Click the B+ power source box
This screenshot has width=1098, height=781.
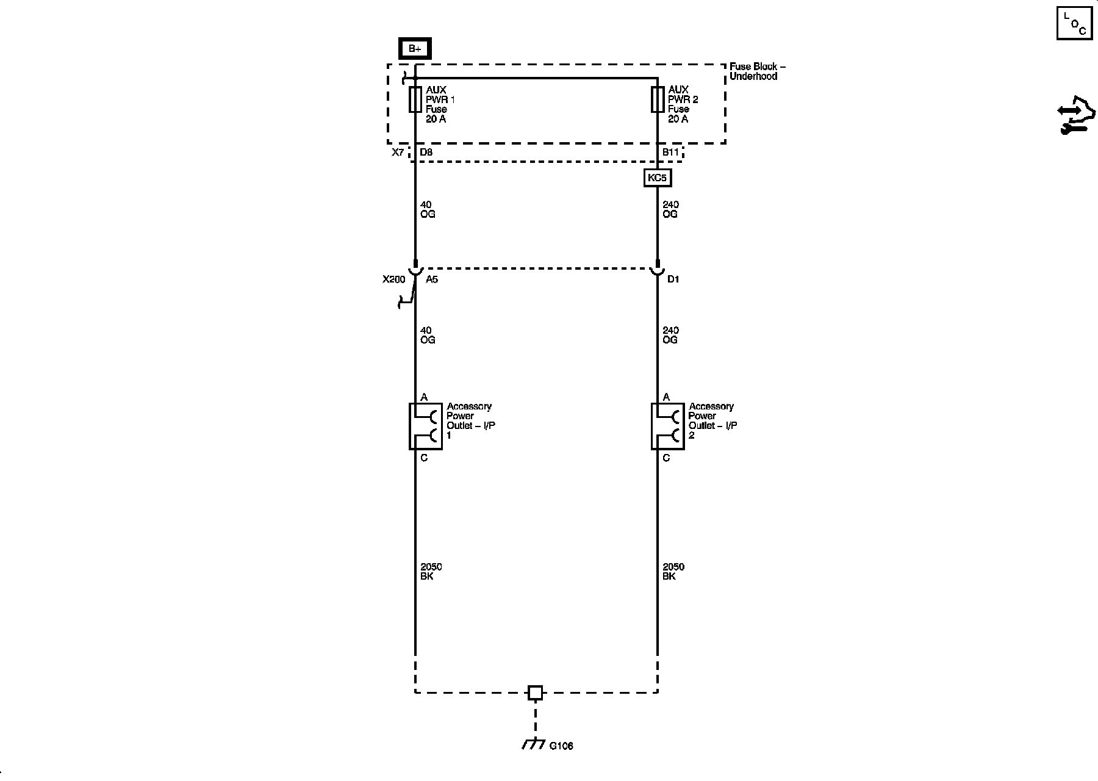pyautogui.click(x=415, y=49)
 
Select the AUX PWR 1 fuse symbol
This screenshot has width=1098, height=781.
pyautogui.click(x=415, y=99)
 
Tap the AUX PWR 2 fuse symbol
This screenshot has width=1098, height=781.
pyautogui.click(x=658, y=99)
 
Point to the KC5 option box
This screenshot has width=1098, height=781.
pyautogui.click(x=658, y=178)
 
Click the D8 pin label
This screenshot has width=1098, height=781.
pyautogui.click(x=426, y=152)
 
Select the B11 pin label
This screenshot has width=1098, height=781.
pyautogui.click(x=670, y=152)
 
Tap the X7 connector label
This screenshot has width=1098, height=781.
pyautogui.click(x=398, y=152)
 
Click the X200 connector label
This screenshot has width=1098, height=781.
pyautogui.click(x=393, y=279)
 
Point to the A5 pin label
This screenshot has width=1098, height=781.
pyautogui.click(x=432, y=279)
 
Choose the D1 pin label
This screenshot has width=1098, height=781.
pyautogui.click(x=673, y=279)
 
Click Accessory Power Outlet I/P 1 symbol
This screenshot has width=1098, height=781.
pyautogui.click(x=425, y=426)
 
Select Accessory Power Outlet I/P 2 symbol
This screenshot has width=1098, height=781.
pyautogui.click(x=667, y=426)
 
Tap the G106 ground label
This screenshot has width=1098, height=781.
pyautogui.click(x=561, y=746)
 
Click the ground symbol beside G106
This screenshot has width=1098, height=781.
pyautogui.click(x=533, y=743)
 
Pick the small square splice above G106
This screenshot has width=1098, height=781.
pyautogui.click(x=535, y=693)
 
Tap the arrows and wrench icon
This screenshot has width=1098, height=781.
pyautogui.click(x=1076, y=115)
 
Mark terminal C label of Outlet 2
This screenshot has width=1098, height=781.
pyautogui.click(x=666, y=458)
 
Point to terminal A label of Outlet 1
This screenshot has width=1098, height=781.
pyautogui.click(x=424, y=397)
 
